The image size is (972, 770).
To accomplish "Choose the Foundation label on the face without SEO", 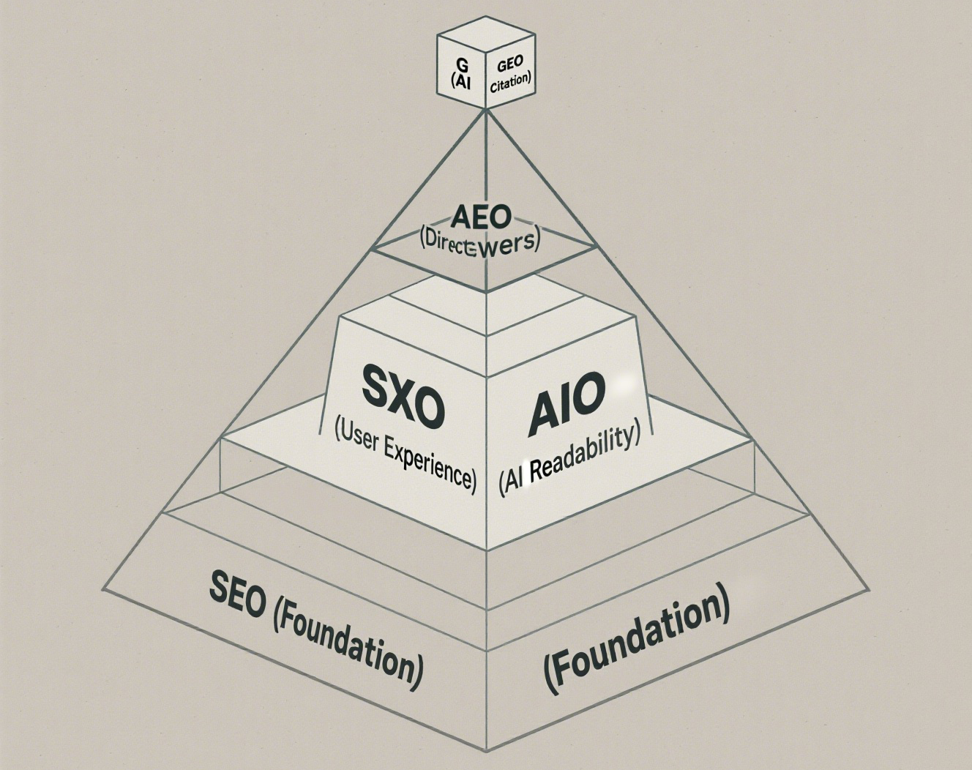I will [637, 637].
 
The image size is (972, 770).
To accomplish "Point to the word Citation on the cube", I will [509, 81].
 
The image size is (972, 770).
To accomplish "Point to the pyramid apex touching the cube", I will [485, 110].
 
